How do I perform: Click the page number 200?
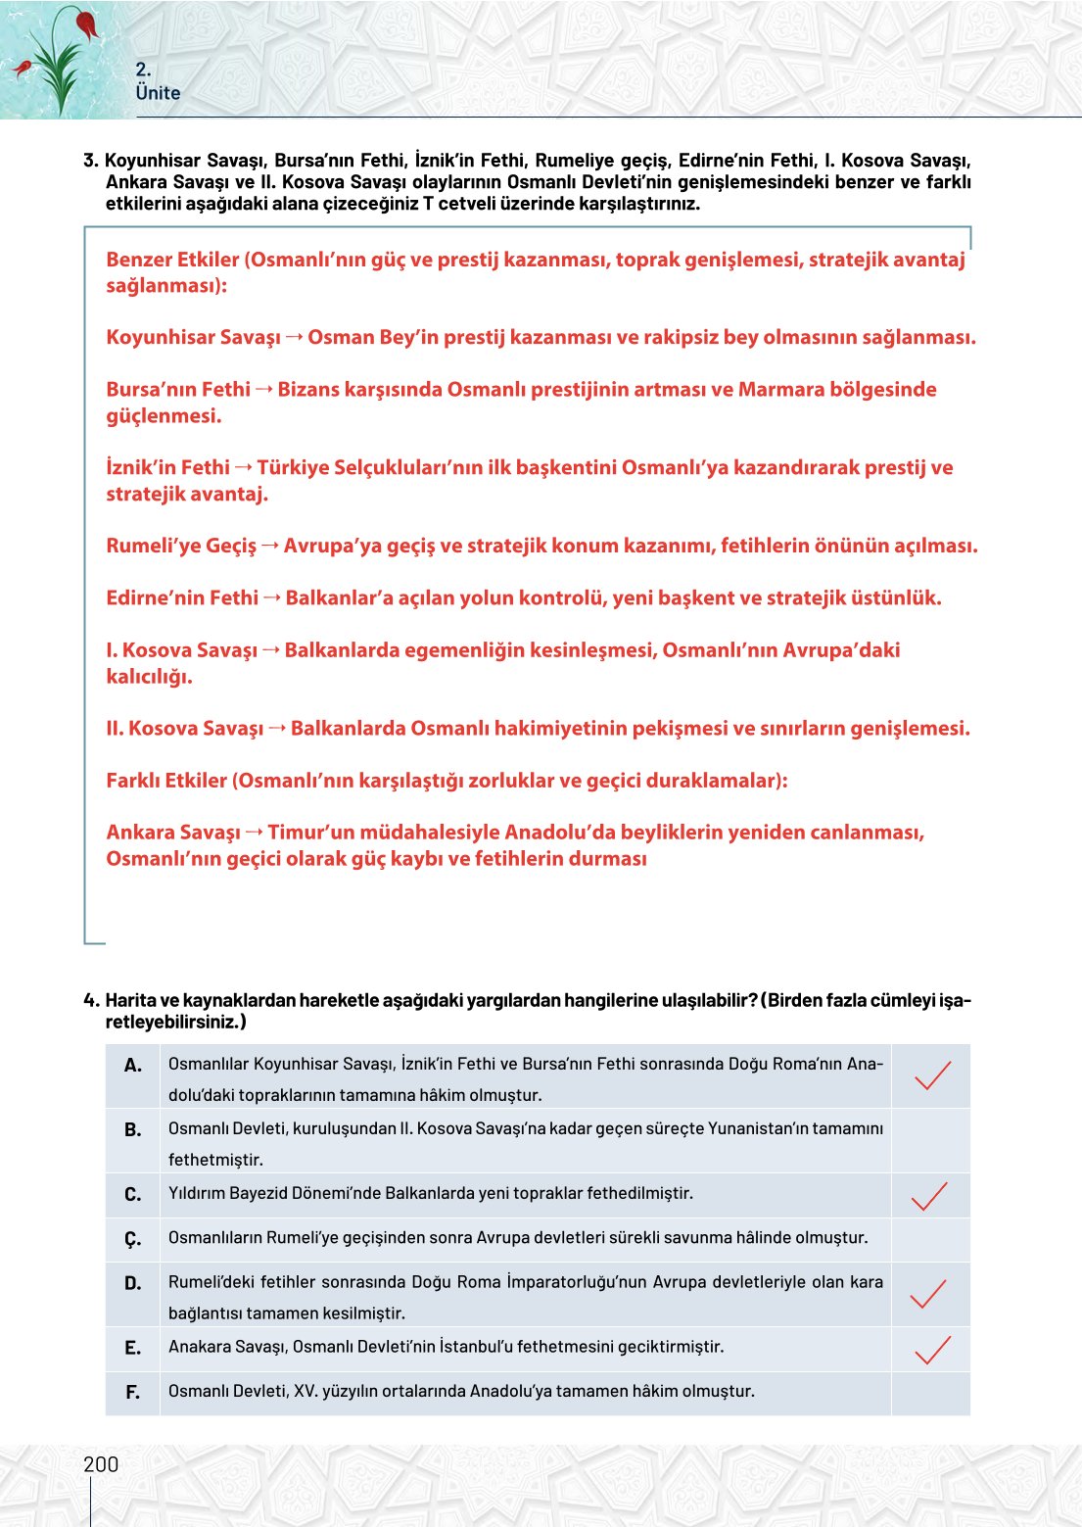[101, 1464]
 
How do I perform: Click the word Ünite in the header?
[158, 93]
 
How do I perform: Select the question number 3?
[90, 161]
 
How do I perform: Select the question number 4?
[90, 1000]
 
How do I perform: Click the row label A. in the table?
[133, 1066]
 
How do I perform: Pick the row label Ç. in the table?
[133, 1240]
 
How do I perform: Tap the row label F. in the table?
[133, 1392]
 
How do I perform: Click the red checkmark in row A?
[931, 1074]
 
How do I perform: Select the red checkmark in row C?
[929, 1195]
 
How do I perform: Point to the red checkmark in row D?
[928, 1293]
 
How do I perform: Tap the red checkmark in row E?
[931, 1349]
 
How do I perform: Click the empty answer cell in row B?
[930, 1141]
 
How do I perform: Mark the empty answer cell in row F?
[930, 1393]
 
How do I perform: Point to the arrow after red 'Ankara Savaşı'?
[254, 833]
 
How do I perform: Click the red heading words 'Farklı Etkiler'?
[166, 781]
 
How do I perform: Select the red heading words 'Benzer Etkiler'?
[172, 260]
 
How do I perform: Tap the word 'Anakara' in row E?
[197, 1347]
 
